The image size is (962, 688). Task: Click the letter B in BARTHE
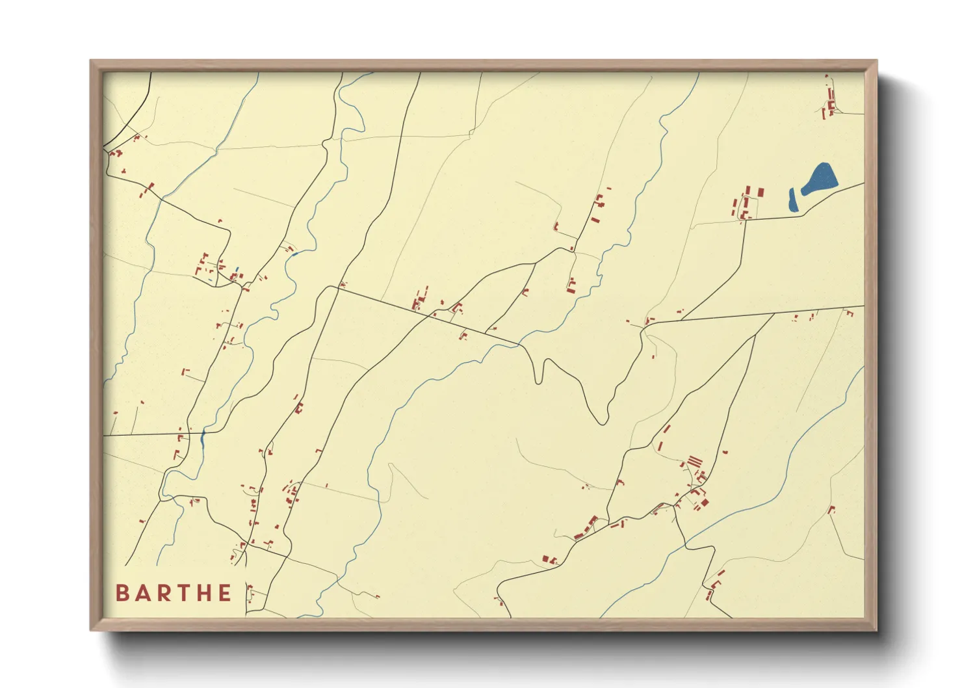click(122, 593)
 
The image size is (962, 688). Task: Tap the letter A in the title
click(143, 593)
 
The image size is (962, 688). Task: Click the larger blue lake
click(820, 179)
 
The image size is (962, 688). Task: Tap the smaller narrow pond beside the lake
click(793, 200)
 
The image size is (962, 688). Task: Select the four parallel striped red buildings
click(695, 462)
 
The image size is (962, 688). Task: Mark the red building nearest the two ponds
click(760, 193)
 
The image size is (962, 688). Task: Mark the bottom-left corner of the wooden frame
click(92, 629)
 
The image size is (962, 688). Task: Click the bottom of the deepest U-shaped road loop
click(603, 423)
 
